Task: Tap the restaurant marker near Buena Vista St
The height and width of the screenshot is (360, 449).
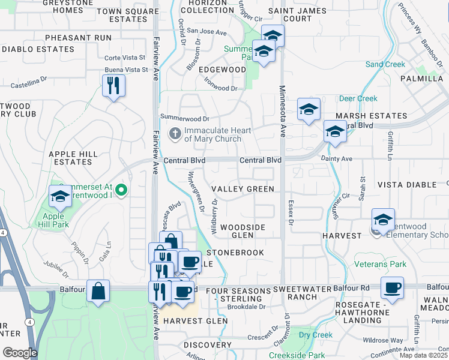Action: coord(113,86)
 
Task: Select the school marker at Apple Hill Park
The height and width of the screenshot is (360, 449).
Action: coord(60,196)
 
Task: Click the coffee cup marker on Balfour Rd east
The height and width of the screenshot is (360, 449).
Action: coord(392,287)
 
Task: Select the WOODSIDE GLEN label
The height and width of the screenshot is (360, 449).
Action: coord(243,231)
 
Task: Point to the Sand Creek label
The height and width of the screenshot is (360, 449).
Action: coord(385,64)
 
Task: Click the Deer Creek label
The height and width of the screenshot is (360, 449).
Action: coord(358,98)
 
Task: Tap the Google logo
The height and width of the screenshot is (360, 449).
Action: coord(20,352)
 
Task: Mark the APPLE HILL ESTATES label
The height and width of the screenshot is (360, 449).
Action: coord(73,158)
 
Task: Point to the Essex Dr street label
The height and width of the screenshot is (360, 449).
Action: coord(291,213)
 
